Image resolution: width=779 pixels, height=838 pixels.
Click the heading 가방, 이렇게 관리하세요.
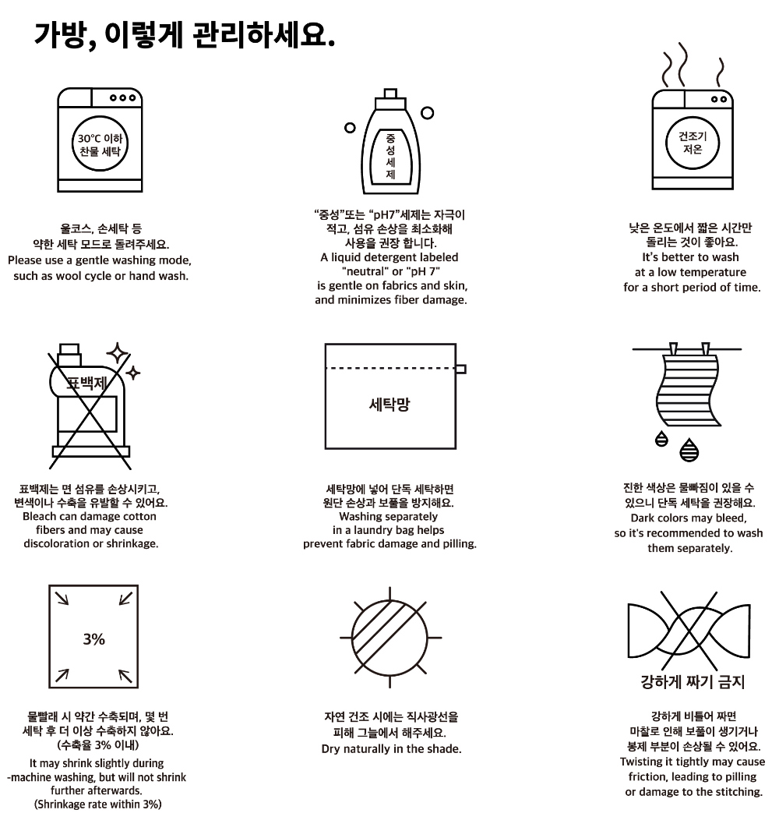184,36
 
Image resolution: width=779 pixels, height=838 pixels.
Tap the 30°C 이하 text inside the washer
100,139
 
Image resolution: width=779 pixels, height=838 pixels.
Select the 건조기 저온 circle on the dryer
693,143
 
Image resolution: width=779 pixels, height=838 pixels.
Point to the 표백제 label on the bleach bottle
87,383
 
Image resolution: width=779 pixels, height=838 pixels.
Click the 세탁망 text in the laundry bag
389,405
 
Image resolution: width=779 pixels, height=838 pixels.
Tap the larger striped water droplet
689,450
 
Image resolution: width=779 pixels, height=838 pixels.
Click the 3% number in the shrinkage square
94,639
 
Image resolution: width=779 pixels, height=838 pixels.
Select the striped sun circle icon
389,638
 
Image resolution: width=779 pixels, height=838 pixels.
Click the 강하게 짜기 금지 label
692,682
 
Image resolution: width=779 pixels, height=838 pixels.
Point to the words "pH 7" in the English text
425,271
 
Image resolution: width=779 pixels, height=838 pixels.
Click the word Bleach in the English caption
40,517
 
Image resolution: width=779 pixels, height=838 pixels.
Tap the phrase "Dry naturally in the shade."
391,749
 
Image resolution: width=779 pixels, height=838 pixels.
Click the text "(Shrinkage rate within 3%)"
97,804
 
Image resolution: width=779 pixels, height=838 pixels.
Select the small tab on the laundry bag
460,369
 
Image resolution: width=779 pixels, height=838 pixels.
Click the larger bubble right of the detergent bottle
427,113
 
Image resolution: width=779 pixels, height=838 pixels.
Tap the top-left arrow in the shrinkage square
62,599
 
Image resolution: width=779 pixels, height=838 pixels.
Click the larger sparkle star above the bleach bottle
118,354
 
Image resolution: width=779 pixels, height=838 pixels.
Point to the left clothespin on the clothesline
673,349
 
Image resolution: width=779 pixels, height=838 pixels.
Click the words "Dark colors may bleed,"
689,518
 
